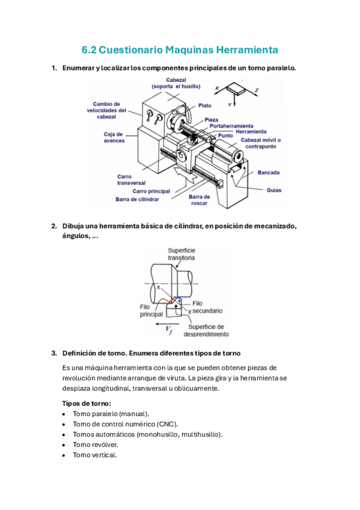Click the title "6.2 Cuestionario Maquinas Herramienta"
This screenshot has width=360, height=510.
click(180, 50)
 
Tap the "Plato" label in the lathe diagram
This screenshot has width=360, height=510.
click(205, 105)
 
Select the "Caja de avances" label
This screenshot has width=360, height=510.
click(114, 137)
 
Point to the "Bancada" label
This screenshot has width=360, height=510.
click(269, 173)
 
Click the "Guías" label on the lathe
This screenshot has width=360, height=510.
click(274, 190)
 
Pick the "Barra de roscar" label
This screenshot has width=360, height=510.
click(199, 200)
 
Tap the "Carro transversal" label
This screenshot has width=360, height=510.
click(131, 180)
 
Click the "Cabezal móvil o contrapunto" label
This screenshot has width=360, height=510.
click(261, 143)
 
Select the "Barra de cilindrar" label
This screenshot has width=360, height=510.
click(137, 199)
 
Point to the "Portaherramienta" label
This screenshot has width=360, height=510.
click(231, 126)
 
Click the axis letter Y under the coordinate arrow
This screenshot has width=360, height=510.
click(230, 105)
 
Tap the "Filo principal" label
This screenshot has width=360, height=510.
click(151, 310)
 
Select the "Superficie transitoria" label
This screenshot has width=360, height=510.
click(182, 254)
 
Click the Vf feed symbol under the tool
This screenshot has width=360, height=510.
click(169, 330)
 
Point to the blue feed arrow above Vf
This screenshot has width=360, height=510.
click(167, 324)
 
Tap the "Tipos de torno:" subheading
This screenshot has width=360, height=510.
click(87, 404)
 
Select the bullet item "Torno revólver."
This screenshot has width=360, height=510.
click(95, 444)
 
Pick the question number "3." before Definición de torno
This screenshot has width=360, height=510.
click(54, 353)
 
